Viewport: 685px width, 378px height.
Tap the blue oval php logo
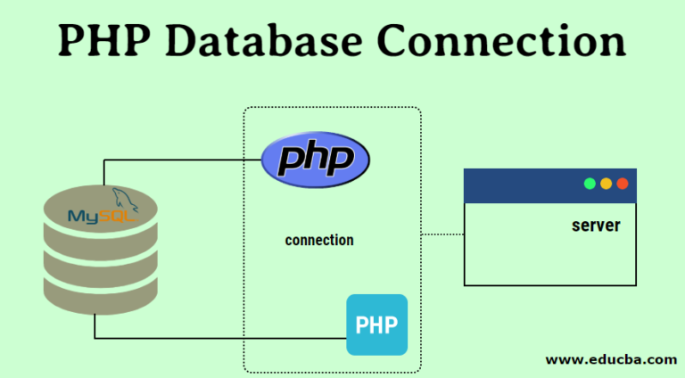point(315,161)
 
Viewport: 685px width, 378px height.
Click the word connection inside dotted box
point(319,241)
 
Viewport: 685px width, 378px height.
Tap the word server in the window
point(596,226)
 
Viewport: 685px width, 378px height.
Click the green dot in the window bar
point(590,184)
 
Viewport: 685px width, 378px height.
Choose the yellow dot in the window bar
point(606,184)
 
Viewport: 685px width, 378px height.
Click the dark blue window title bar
point(517,185)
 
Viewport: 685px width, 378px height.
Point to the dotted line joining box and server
point(442,235)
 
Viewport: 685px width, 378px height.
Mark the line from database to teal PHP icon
point(223,338)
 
